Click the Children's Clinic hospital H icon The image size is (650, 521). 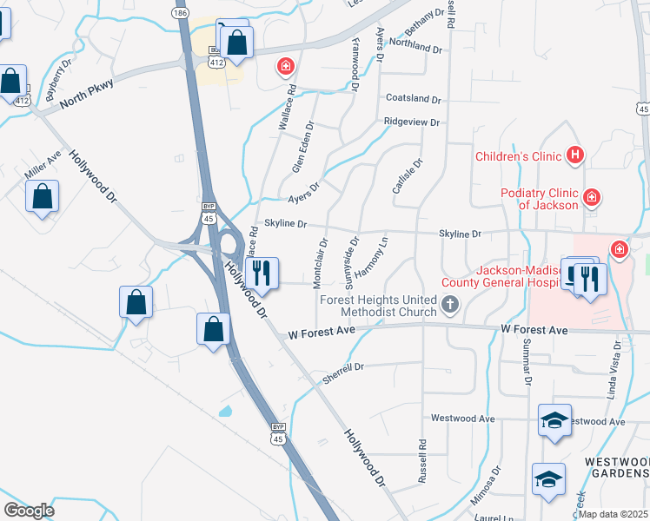pos(574,156)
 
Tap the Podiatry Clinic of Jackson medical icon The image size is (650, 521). pos(591,198)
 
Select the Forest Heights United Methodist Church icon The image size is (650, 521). pos(449,304)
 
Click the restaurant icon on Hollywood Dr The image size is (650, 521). pos(262,273)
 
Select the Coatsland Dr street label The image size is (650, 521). pos(414,99)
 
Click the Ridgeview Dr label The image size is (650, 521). pos(412,122)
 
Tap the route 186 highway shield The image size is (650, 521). pos(180,14)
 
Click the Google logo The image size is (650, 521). pos(29,511)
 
